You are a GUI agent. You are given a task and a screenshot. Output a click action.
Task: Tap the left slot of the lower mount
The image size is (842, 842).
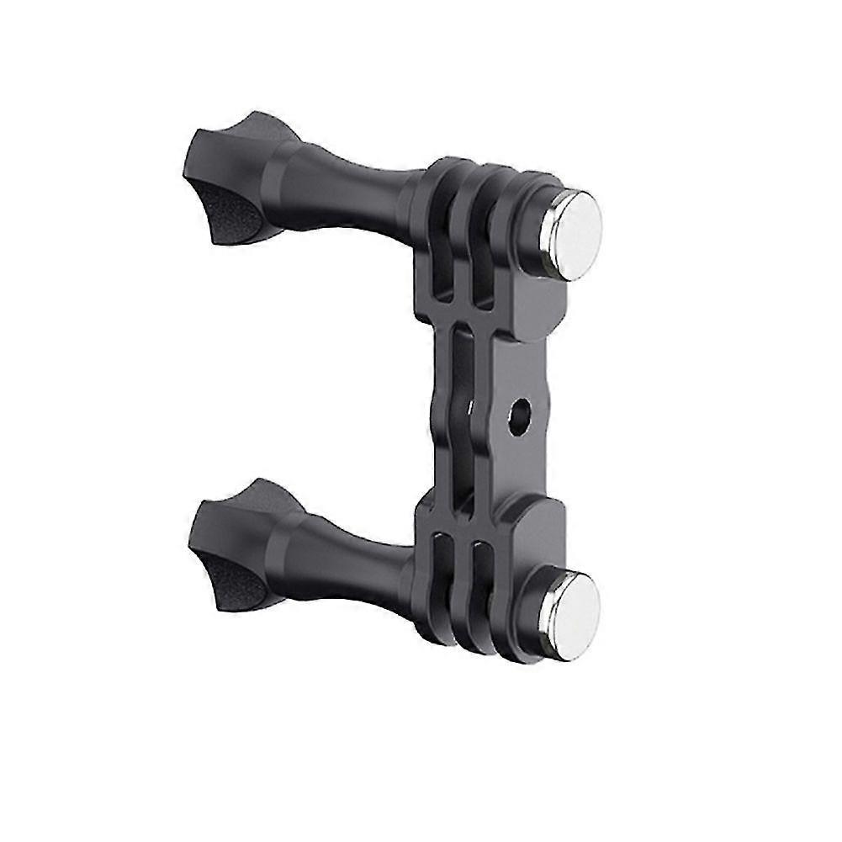(x=446, y=580)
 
